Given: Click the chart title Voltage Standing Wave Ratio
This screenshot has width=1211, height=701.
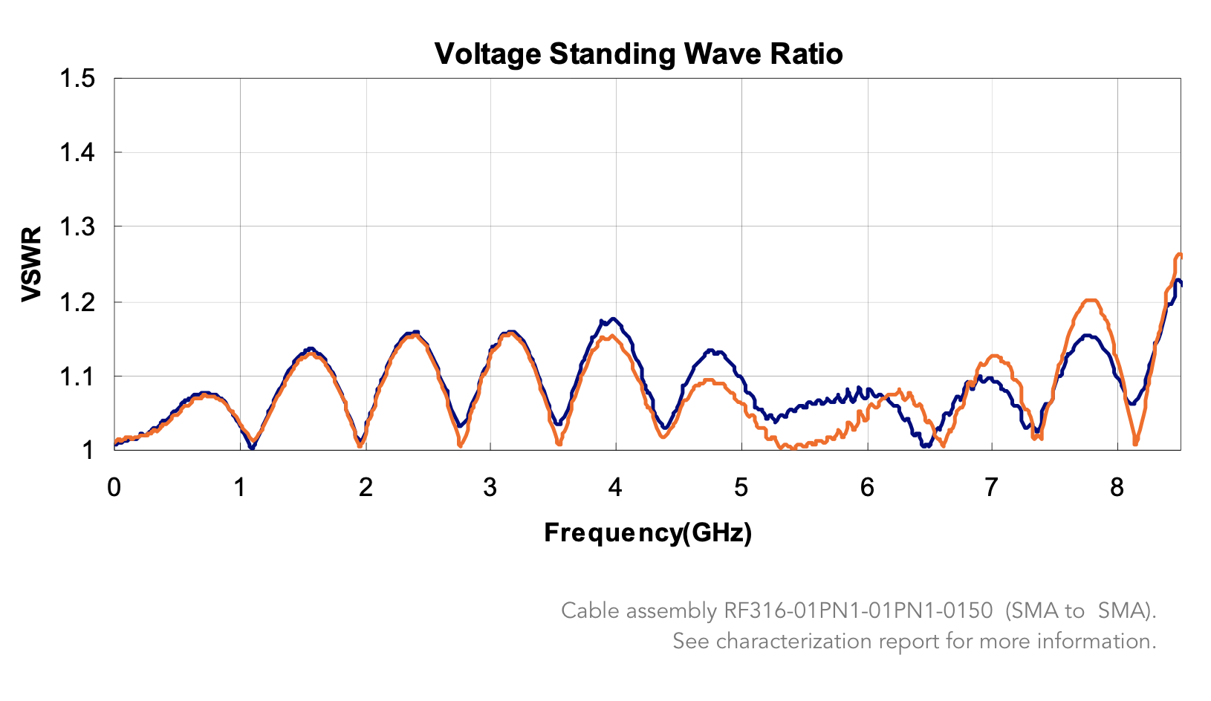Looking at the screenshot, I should point(638,54).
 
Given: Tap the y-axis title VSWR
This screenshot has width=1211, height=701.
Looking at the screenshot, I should point(31,264).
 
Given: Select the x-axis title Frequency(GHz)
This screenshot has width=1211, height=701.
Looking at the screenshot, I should point(648,532).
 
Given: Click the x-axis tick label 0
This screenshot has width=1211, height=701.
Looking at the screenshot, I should point(114,488).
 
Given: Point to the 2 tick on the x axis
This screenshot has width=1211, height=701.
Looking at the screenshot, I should point(365,488).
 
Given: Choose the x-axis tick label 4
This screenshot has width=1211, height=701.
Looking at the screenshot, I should point(615,488).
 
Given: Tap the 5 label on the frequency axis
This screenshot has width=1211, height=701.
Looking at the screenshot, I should point(741,488).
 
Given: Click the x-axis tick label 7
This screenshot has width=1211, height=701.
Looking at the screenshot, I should point(991,488).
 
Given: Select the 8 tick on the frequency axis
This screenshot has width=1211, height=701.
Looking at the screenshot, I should point(1117,488).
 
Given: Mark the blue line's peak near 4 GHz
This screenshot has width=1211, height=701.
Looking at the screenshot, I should point(612,319).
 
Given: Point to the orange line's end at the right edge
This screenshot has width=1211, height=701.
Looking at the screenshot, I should point(1180,255).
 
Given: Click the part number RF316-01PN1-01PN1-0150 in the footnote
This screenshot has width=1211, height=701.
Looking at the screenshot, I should point(858,611).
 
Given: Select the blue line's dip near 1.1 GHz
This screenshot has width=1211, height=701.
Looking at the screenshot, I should point(253,448).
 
